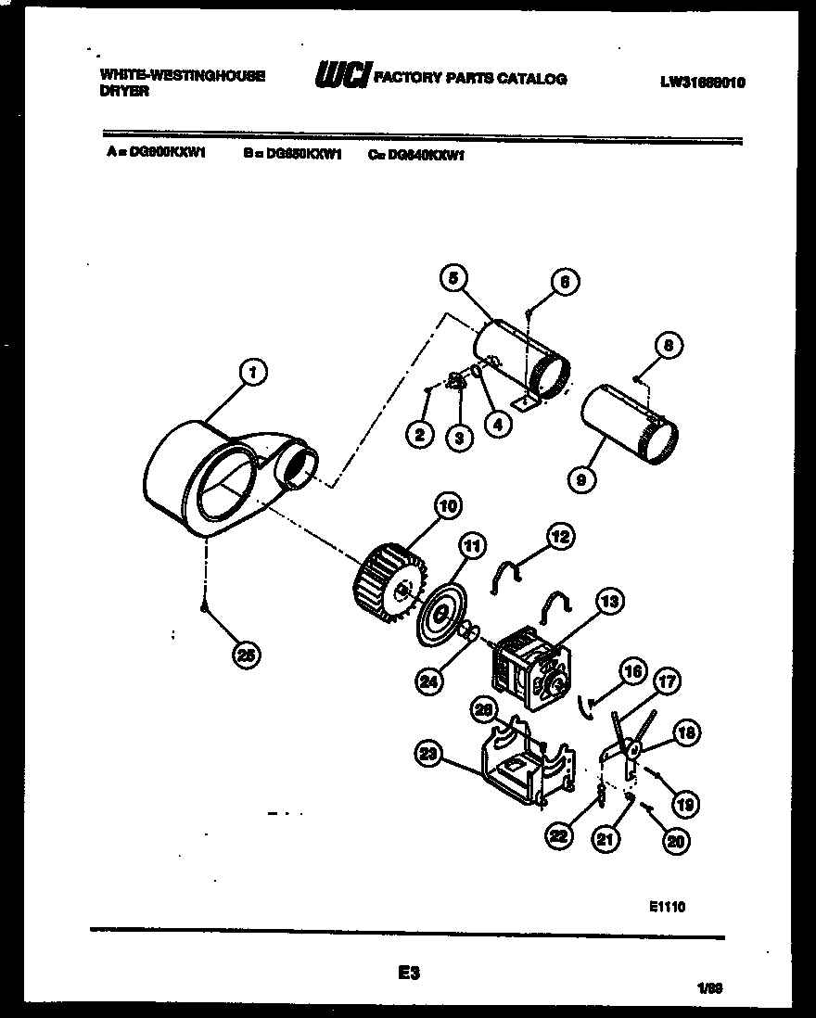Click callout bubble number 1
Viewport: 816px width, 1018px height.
tap(251, 372)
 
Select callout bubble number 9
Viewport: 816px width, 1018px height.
tap(581, 479)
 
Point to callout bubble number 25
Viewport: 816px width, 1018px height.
tap(246, 655)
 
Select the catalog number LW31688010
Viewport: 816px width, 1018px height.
tap(702, 82)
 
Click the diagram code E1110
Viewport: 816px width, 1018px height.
tap(668, 907)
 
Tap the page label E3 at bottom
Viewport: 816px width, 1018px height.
tap(409, 973)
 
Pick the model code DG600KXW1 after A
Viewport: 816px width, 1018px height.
tap(171, 156)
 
